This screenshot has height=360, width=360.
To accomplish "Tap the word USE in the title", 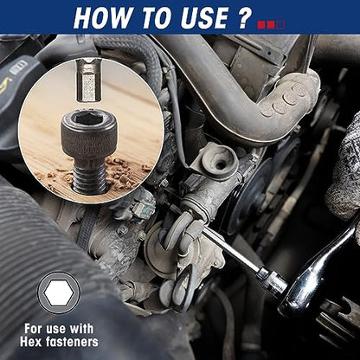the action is (206, 18).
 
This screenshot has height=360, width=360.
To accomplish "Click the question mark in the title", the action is (245, 18).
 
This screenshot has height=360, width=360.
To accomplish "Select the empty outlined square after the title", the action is (280, 24).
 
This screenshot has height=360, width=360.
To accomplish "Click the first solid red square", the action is (261, 24).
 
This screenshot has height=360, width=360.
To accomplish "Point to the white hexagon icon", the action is (59, 292).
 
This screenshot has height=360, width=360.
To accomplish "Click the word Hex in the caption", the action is (30, 342).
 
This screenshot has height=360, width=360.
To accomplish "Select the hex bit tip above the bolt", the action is (89, 80).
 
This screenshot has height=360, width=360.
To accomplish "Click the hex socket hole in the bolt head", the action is (88, 119).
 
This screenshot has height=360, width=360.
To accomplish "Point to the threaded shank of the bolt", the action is (90, 177).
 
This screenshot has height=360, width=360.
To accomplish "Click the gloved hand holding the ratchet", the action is (344, 167).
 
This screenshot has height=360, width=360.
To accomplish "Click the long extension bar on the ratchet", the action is (231, 252).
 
